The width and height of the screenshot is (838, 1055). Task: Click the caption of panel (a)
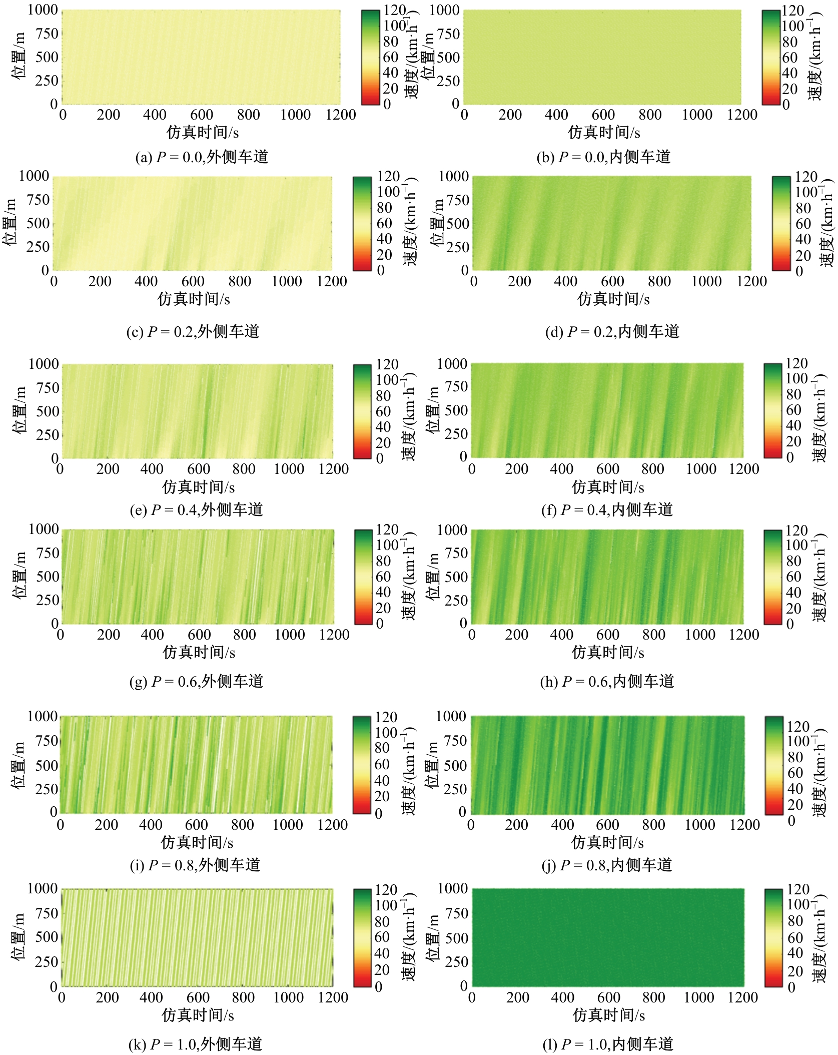point(202,158)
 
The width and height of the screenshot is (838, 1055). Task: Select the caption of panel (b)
point(603,158)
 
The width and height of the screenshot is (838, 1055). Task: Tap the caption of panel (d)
point(612,332)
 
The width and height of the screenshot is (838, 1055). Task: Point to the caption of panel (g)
point(196,682)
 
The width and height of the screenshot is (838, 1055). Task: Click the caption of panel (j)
point(607,865)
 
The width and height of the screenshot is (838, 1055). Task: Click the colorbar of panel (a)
point(370,57)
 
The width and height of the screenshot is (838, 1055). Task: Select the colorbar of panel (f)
point(772,410)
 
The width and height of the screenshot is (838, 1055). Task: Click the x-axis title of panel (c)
point(194,299)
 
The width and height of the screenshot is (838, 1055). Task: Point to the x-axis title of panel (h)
point(608,653)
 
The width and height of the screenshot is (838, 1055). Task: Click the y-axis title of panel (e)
point(21,411)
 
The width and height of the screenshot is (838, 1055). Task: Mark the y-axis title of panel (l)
point(433,937)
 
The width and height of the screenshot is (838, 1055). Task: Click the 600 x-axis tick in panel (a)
point(202,115)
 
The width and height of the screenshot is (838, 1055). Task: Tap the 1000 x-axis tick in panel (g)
point(290,635)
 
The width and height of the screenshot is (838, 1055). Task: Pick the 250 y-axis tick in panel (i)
point(47,789)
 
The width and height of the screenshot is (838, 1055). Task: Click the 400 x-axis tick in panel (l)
point(563,998)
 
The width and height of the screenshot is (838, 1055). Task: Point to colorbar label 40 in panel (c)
point(384,239)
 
